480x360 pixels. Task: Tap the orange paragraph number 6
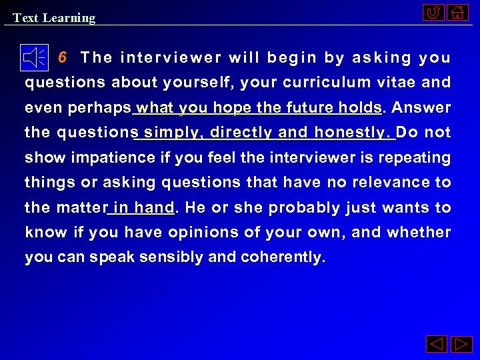(x=62, y=57)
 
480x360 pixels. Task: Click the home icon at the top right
(x=457, y=13)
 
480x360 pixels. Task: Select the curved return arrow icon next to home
(x=433, y=13)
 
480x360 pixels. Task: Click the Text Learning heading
(x=54, y=18)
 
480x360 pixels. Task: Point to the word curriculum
(x=340, y=83)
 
